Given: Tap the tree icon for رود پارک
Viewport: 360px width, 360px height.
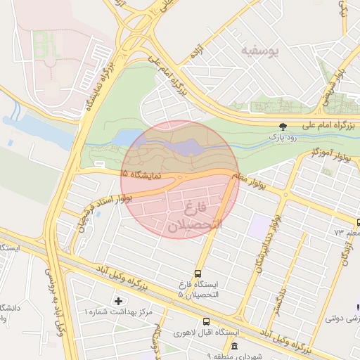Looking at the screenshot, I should (283, 127).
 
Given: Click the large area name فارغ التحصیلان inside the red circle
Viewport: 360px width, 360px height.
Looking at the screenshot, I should (194, 217).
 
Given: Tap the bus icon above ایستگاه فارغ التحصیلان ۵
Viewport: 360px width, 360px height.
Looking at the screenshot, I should (197, 273).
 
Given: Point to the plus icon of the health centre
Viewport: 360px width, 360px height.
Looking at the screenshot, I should (117, 301).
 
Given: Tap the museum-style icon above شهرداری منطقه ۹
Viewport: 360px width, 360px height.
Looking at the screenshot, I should (234, 346).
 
